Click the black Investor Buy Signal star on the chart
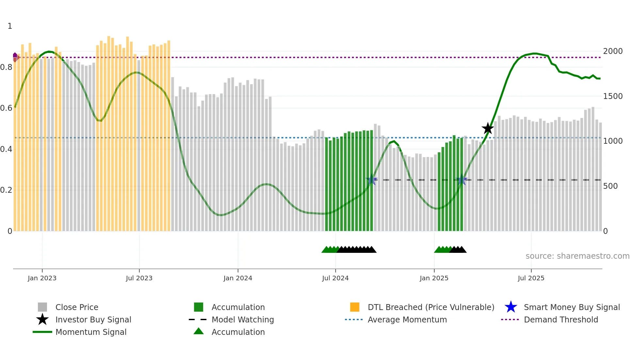click(x=488, y=128)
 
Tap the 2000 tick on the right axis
click(x=613, y=51)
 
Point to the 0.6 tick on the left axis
click(x=6, y=108)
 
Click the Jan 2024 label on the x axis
click(x=238, y=278)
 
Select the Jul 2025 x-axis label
click(x=531, y=278)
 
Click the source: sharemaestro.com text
click(x=577, y=256)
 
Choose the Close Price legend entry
click(x=77, y=307)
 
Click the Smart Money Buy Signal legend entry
click(x=571, y=307)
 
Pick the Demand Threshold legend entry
click(x=561, y=319)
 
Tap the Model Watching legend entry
click(x=243, y=319)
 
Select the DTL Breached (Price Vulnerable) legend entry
click(x=431, y=307)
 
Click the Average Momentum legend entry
click(x=407, y=319)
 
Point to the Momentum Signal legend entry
click(x=91, y=332)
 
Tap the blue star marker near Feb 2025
click(x=461, y=180)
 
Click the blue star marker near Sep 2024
click(x=372, y=180)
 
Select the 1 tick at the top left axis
click(x=10, y=26)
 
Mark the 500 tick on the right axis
click(x=610, y=186)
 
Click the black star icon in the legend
click(x=42, y=319)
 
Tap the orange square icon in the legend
click(x=355, y=307)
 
